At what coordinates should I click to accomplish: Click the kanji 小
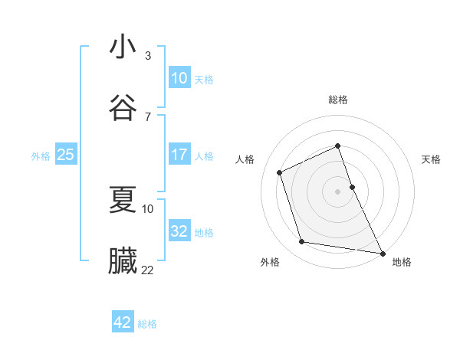pos(123,47)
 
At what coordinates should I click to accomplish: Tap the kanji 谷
pos(123,108)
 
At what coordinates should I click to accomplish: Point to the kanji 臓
pos(123,261)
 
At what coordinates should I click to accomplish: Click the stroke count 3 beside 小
pos(148,55)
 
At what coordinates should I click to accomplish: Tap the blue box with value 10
pos(179,78)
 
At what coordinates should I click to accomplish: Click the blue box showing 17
pos(179,155)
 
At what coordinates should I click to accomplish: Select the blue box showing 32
pos(179,231)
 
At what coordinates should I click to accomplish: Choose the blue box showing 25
pos(65,155)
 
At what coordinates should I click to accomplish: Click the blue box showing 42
pos(122,322)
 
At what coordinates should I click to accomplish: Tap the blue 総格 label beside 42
pos(147,324)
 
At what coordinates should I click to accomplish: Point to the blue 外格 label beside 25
pos(41,156)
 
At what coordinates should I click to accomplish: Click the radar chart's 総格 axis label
pos(338,100)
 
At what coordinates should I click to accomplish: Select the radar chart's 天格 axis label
pos(432,159)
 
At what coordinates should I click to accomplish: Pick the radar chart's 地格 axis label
pos(402,262)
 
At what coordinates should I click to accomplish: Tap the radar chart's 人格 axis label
pos(245,159)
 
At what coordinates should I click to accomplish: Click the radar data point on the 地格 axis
pos(382,252)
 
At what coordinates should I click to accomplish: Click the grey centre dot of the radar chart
pos(338,191)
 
